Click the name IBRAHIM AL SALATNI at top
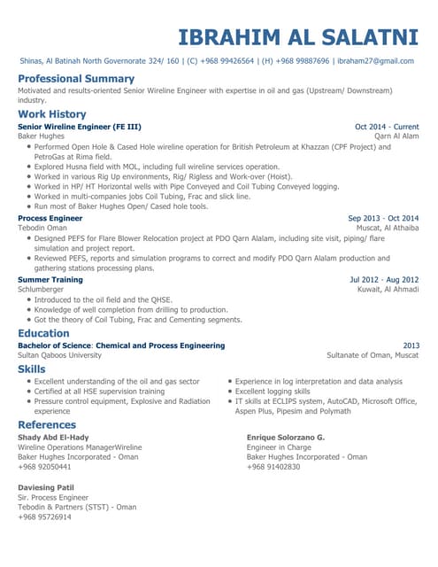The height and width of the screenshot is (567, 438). [298, 37]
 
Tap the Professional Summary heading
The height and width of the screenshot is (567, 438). [76, 79]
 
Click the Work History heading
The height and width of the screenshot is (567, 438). [52, 114]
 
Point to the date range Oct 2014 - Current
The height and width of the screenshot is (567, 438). [387, 127]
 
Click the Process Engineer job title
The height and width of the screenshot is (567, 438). [50, 218]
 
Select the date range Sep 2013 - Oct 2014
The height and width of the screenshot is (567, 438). [383, 218]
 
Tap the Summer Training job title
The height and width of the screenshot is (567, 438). [50, 279]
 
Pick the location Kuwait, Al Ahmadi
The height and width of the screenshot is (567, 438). [388, 289]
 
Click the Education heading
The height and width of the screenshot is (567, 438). [43, 333]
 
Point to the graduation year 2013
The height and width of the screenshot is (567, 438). [411, 346]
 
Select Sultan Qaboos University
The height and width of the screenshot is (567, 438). [59, 354]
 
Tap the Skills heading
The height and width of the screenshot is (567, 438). [32, 369]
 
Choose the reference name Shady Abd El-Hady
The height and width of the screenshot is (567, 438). [53, 438]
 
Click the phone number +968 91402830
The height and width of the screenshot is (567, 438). [273, 466]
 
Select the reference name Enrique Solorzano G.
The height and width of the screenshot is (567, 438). [286, 438]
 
